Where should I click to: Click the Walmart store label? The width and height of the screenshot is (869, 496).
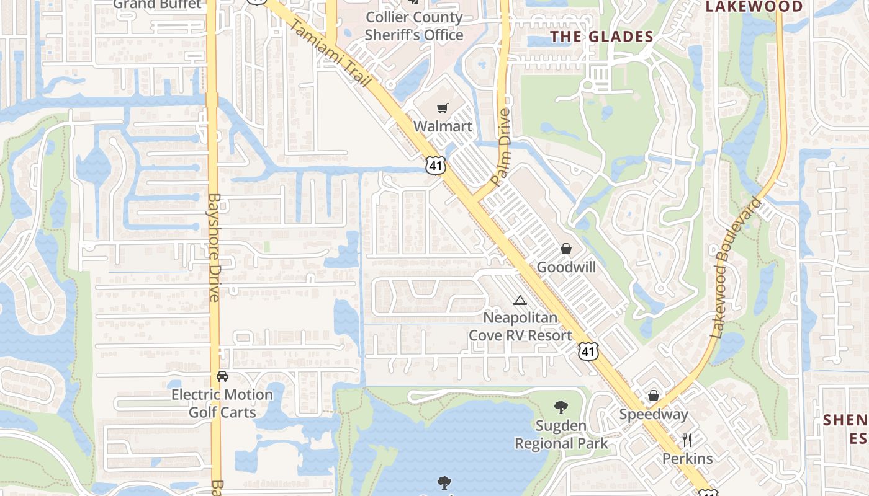pos(443,126)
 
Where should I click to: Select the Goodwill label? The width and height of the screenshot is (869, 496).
pos(566,267)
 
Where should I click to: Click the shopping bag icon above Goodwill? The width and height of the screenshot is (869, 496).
pos(566,249)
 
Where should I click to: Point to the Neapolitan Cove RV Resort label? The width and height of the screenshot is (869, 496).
pos(520,327)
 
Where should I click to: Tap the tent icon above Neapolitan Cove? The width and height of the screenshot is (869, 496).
pos(520,301)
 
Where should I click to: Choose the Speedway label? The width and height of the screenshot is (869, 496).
pos(654,414)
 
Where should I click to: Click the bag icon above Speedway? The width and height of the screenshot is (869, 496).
pos(654,396)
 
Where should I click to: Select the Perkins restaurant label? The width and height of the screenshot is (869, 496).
pos(687,459)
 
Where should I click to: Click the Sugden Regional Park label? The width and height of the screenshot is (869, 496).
pos(561,435)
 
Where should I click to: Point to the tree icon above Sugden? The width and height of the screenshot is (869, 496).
pos(561,407)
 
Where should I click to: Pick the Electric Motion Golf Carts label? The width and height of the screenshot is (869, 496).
pos(222,403)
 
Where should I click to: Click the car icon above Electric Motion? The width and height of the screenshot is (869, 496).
pos(222,376)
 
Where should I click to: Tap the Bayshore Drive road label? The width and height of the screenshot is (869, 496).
pos(215,248)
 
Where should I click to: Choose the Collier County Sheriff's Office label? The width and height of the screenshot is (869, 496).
pos(413,26)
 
